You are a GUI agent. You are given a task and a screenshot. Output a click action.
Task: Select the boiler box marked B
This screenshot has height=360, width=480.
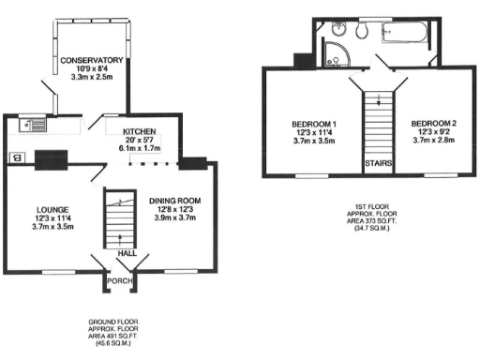[x=17, y=157]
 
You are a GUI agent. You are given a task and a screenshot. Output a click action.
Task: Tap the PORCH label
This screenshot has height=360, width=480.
[x=120, y=279]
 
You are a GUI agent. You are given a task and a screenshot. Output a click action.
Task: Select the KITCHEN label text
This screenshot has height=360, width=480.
[x=139, y=131]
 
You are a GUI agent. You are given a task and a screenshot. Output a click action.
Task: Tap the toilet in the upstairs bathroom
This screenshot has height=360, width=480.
[x=361, y=31]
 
